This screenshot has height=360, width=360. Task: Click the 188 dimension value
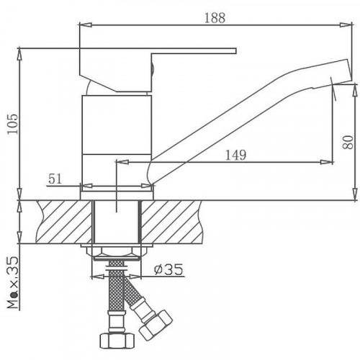point(215,18)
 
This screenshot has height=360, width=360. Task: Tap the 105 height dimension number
point(13,124)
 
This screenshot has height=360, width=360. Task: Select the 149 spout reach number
point(235,155)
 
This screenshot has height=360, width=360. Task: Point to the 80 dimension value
point(348,142)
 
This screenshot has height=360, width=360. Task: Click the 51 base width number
point(55,179)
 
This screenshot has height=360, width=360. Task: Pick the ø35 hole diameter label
point(168,270)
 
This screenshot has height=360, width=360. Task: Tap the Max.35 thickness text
point(12,282)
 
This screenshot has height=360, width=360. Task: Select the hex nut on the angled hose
point(156,325)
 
